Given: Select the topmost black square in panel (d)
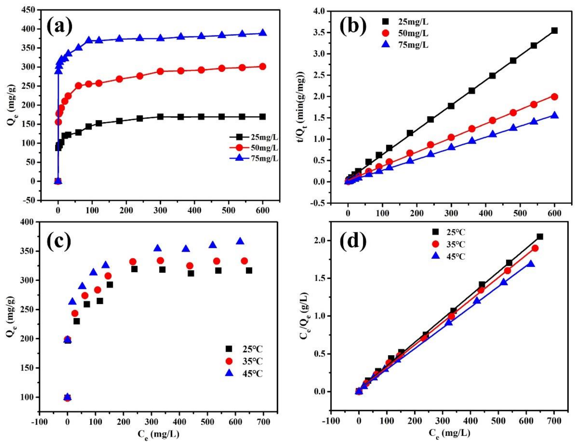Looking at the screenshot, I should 540,236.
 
